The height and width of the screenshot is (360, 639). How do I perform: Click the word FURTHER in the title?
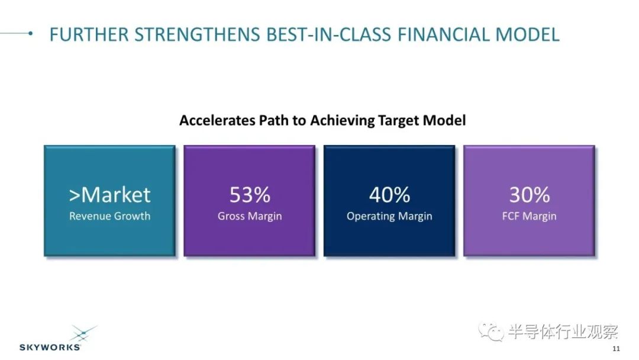click(x=89, y=35)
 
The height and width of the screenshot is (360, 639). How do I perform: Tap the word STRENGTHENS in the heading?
click(x=197, y=35)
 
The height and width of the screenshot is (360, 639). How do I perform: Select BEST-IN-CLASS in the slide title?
click(x=329, y=35)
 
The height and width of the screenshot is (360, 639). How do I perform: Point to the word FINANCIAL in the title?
click(x=443, y=35)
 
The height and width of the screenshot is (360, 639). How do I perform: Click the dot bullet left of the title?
click(x=31, y=33)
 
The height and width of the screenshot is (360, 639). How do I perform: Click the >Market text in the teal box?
click(x=109, y=194)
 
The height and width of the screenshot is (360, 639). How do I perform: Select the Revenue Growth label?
click(x=109, y=216)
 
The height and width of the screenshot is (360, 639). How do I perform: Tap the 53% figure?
click(x=250, y=194)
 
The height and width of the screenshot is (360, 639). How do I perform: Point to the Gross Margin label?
click(x=250, y=217)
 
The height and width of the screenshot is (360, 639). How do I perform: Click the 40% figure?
click(x=389, y=194)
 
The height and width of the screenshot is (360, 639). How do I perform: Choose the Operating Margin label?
click(x=389, y=217)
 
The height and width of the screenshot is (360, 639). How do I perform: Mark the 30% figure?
click(x=530, y=194)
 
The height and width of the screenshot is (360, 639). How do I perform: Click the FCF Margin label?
click(x=530, y=217)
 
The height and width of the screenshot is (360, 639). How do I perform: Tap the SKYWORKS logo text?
click(x=50, y=348)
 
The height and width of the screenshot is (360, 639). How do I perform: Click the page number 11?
click(x=616, y=349)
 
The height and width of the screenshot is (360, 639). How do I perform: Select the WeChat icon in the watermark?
click(x=491, y=332)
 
